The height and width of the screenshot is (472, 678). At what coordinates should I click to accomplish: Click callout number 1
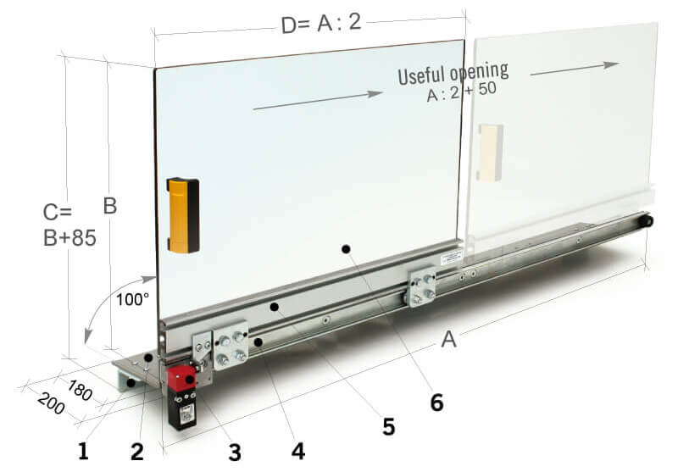pos(83,451)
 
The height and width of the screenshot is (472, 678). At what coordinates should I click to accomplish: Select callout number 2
pos(137,451)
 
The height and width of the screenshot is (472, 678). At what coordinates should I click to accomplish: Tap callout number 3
pos(235,451)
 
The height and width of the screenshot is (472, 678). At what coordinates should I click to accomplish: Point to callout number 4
pos(297,450)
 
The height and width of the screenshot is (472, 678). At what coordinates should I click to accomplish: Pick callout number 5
pos(388,426)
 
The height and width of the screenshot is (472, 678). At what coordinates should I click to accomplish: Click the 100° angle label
pos(132,299)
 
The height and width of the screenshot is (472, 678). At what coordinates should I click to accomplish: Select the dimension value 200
pos(51,407)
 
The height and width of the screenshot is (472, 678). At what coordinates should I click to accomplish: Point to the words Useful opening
pos(453,74)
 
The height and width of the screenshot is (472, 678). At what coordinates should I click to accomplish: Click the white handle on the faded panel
pos(491,153)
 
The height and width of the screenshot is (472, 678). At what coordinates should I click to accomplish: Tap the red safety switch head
pos(181,378)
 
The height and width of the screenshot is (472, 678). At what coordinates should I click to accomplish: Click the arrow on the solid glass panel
pos(318,100)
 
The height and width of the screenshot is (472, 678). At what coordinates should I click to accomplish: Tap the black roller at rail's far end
pos(647,221)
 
